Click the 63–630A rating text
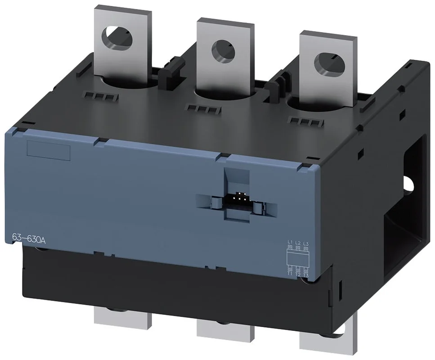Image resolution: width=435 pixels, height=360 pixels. click(x=28, y=238)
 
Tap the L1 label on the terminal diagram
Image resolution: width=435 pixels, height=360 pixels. click(x=290, y=244)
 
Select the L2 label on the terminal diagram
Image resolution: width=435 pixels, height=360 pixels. click(x=298, y=244)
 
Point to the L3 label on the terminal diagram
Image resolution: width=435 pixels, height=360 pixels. click(x=306, y=244)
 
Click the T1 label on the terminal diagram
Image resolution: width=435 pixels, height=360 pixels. click(x=290, y=274)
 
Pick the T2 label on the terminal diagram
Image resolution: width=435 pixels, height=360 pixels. click(x=298, y=274)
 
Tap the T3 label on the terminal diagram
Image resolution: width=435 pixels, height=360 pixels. click(x=306, y=275)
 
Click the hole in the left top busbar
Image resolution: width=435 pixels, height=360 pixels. click(x=117, y=38)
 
